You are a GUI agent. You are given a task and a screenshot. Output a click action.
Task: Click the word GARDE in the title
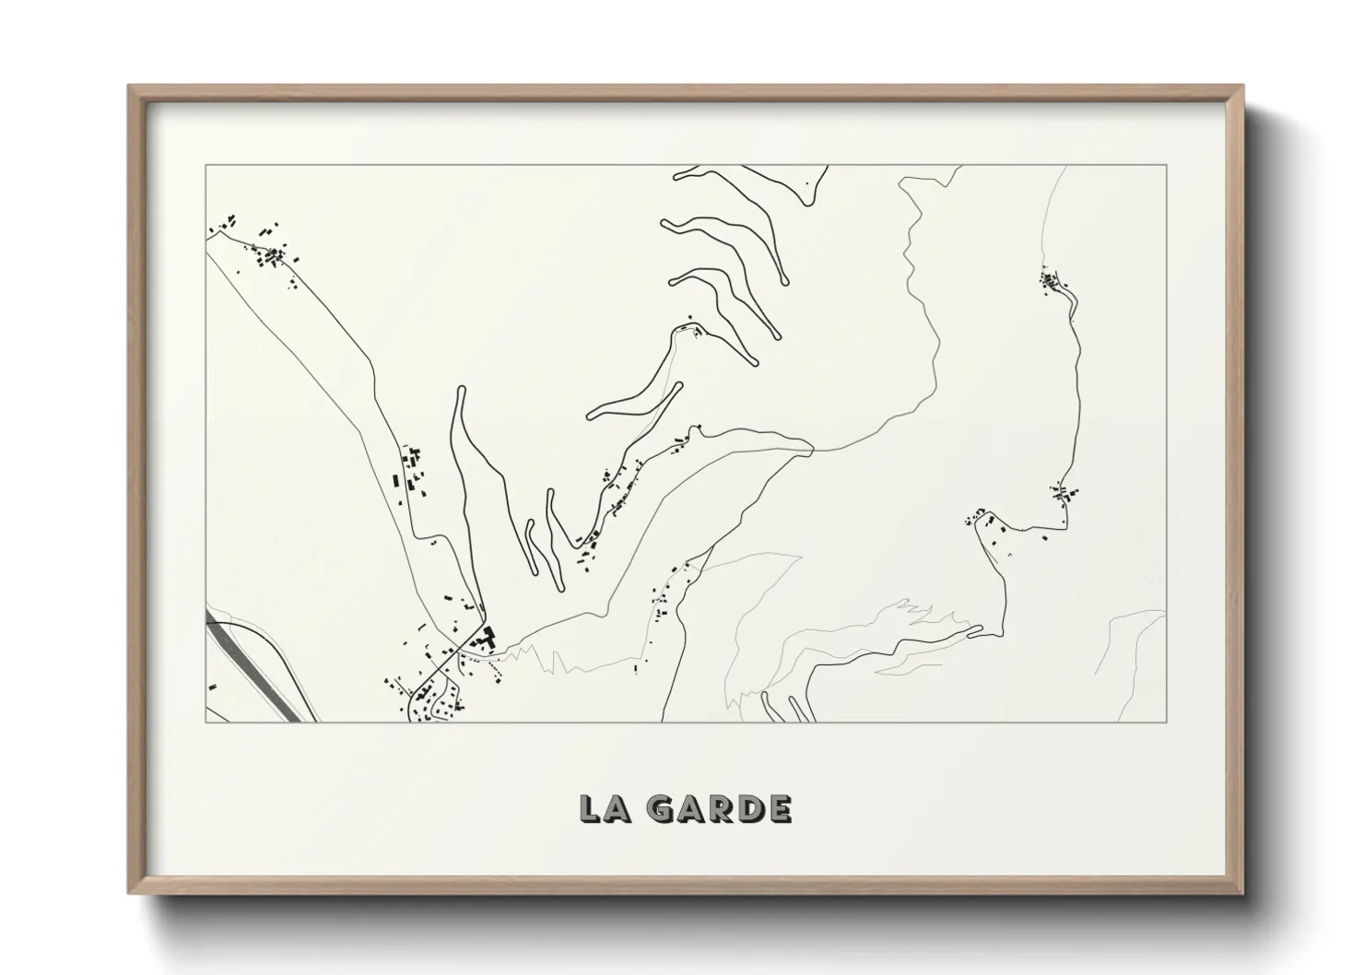(x=719, y=809)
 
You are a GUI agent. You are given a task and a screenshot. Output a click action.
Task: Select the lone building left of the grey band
(x=212, y=687)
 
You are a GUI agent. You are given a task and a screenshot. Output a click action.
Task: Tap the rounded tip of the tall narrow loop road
(x=458, y=391)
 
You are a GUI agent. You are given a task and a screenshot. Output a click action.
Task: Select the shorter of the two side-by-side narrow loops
(x=531, y=544)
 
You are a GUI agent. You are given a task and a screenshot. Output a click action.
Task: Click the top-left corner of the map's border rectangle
(x=206, y=166)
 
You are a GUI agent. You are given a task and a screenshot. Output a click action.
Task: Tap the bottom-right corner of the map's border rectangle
(x=1167, y=722)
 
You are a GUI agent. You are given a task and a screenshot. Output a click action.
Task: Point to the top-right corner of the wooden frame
(x=1242, y=86)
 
